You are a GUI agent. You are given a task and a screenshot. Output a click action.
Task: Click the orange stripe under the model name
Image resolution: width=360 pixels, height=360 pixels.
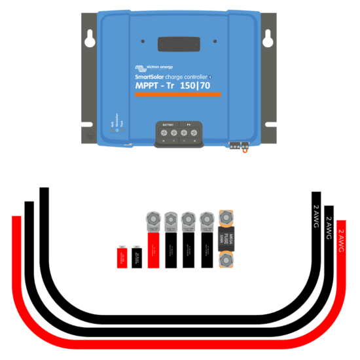178,96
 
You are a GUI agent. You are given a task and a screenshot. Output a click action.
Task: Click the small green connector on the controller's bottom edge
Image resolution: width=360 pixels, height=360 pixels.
237,145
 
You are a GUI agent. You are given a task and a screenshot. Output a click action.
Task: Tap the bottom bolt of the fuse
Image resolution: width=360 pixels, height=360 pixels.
226,262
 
